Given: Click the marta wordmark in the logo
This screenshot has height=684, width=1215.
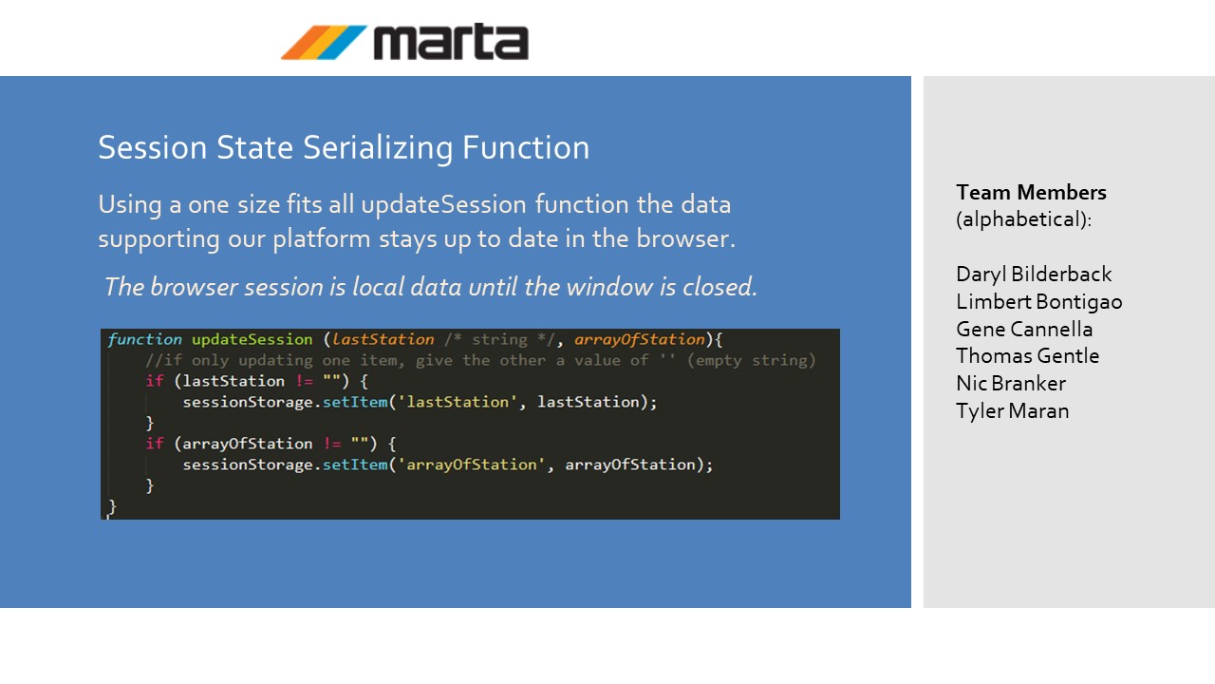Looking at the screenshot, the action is pyautogui.click(x=451, y=41).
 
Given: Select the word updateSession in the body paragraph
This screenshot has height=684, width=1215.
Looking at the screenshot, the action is pyautogui.click(x=443, y=205).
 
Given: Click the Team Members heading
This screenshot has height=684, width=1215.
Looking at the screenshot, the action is pyautogui.click(x=1031, y=192).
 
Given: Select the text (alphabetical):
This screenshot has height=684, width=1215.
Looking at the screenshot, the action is pyautogui.click(x=1023, y=219).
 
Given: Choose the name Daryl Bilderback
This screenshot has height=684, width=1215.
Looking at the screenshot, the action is pyautogui.click(x=1034, y=275).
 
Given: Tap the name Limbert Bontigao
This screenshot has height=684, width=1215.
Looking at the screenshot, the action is pyautogui.click(x=1039, y=302).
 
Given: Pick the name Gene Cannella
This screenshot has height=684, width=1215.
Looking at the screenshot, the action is pyautogui.click(x=1024, y=329).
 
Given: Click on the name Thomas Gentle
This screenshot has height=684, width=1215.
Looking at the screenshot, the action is pyautogui.click(x=1028, y=356).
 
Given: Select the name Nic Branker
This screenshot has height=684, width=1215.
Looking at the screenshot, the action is pyautogui.click(x=1011, y=383).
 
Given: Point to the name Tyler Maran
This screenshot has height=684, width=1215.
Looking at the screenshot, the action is pyautogui.click(x=1013, y=411).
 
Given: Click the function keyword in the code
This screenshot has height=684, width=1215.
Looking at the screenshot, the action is pyautogui.click(x=145, y=339).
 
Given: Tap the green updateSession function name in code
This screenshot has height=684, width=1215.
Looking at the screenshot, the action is pyautogui.click(x=252, y=340).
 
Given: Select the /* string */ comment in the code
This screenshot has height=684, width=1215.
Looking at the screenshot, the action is pyautogui.click(x=499, y=340).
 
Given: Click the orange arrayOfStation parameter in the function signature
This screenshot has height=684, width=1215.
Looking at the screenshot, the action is pyautogui.click(x=640, y=340).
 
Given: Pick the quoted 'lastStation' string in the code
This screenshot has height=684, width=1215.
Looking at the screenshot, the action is pyautogui.click(x=458, y=402).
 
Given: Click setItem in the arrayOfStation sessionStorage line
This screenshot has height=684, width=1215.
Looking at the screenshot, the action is pyautogui.click(x=355, y=465).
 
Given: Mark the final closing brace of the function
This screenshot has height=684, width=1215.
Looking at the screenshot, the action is pyautogui.click(x=112, y=507).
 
